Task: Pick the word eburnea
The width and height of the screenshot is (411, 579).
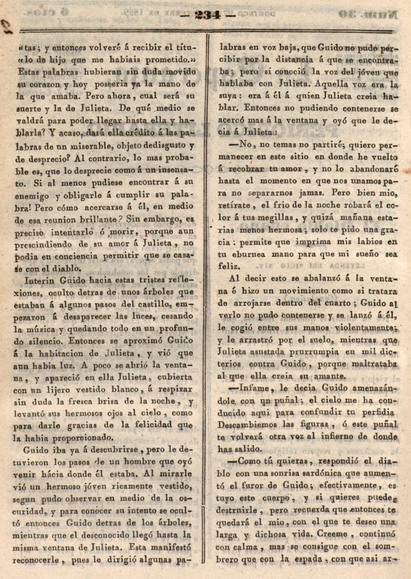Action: [249, 254]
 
